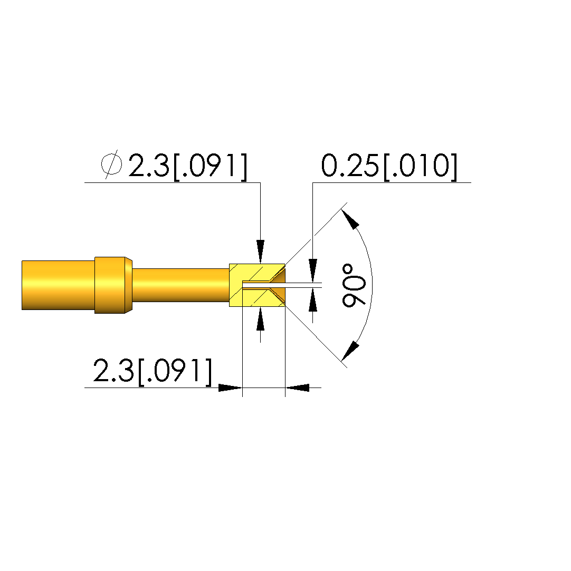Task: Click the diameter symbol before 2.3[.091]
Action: pos(111,164)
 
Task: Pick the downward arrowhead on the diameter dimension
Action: pos(260,251)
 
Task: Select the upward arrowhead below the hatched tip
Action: pos(260,318)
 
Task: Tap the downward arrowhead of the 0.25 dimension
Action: pos(312,270)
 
